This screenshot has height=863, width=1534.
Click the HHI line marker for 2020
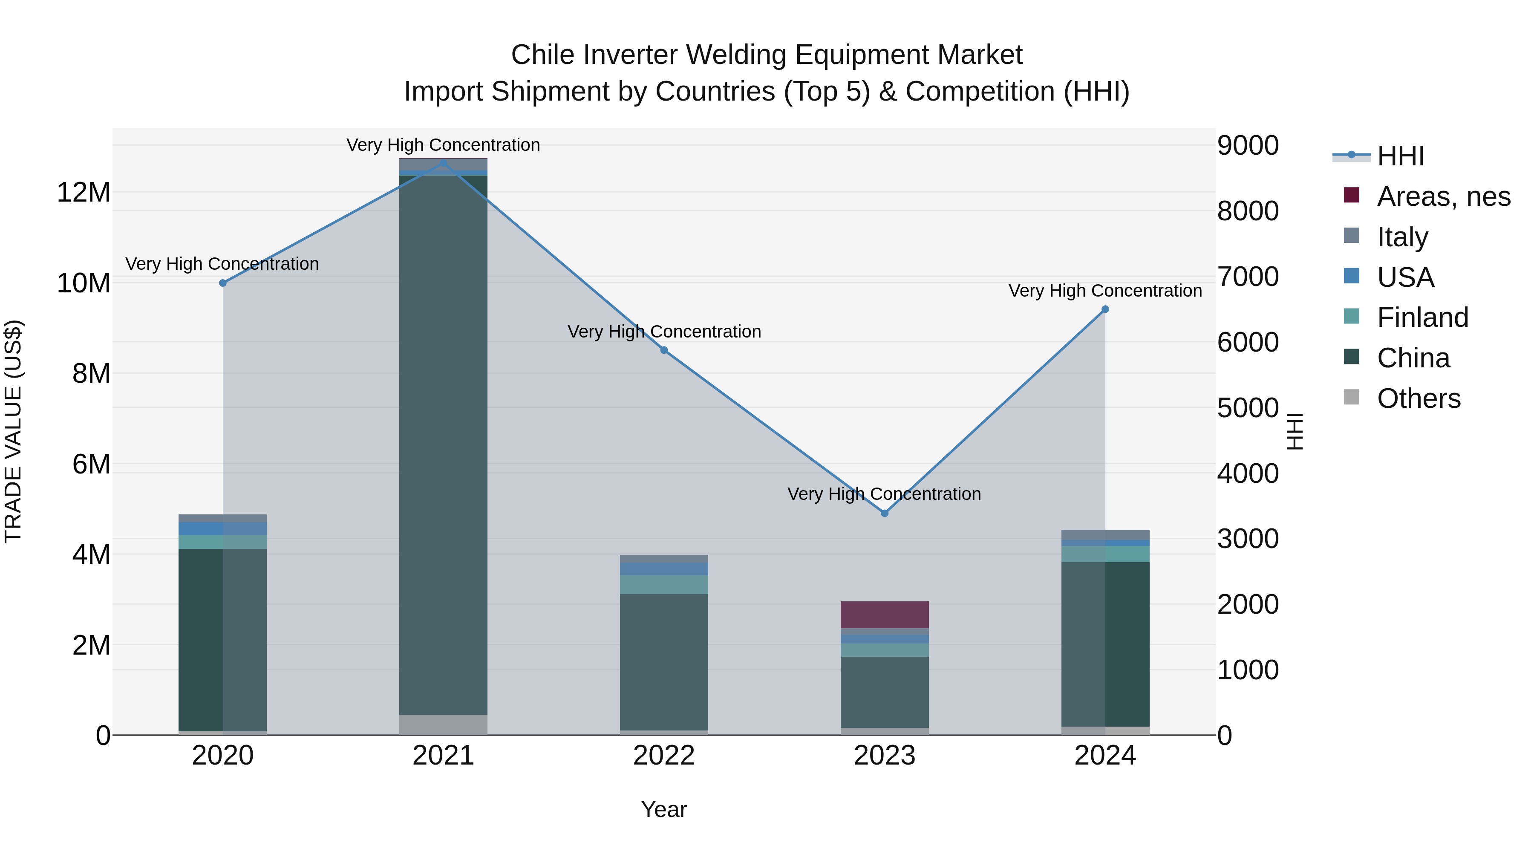pyautogui.click(x=223, y=283)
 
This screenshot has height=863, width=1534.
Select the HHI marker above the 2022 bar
pyautogui.click(x=664, y=350)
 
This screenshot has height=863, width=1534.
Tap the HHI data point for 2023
pyautogui.click(x=884, y=513)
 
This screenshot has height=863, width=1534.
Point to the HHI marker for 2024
pyautogui.click(x=1105, y=309)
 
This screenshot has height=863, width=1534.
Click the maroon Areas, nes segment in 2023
pyautogui.click(x=884, y=615)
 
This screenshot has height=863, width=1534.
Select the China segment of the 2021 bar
pyautogui.click(x=443, y=447)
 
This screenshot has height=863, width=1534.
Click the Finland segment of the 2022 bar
pyautogui.click(x=664, y=584)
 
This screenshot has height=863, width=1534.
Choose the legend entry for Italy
pyautogui.click(x=1402, y=237)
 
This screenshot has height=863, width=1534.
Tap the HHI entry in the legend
pyautogui.click(x=1400, y=156)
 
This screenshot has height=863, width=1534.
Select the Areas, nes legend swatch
pyautogui.click(x=1352, y=195)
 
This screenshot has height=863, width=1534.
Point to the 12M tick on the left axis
pyautogui.click(x=84, y=192)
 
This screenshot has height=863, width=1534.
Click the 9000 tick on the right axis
pyautogui.click(x=1248, y=145)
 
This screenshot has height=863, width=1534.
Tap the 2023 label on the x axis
pyautogui.click(x=884, y=756)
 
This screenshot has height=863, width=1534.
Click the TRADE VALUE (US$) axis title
pyautogui.click(x=13, y=431)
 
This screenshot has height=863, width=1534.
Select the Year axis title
pyautogui.click(x=663, y=809)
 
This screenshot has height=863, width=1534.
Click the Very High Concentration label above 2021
pyautogui.click(x=443, y=145)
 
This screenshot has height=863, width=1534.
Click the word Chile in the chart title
pyautogui.click(x=544, y=55)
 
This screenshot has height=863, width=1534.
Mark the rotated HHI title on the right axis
pyautogui.click(x=1295, y=431)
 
